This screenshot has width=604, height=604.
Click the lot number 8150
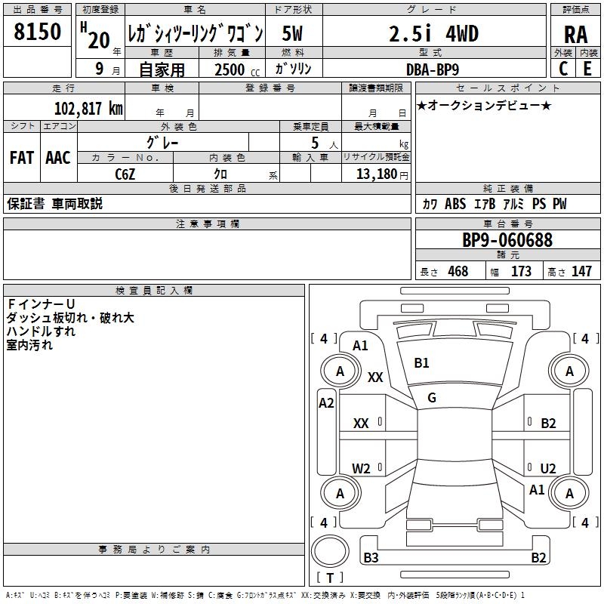[x=37, y=32]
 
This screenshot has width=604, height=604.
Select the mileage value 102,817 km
[x=88, y=109]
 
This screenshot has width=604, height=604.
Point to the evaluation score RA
[x=575, y=35]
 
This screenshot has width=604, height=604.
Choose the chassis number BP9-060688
[x=507, y=240]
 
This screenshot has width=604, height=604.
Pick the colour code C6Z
[x=126, y=174]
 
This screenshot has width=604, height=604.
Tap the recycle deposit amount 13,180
[x=377, y=174]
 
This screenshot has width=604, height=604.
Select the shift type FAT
[x=21, y=158]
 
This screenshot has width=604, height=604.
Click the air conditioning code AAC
[x=57, y=158]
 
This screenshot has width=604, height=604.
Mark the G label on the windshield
[x=432, y=398]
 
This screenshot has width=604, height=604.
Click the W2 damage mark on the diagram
[x=362, y=469]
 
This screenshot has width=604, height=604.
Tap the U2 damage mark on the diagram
[x=548, y=469]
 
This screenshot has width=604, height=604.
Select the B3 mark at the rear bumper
[x=371, y=558]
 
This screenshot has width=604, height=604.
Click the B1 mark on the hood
[x=421, y=363]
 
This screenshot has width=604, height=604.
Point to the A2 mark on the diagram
[x=326, y=403]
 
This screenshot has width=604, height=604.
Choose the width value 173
[x=521, y=272]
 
